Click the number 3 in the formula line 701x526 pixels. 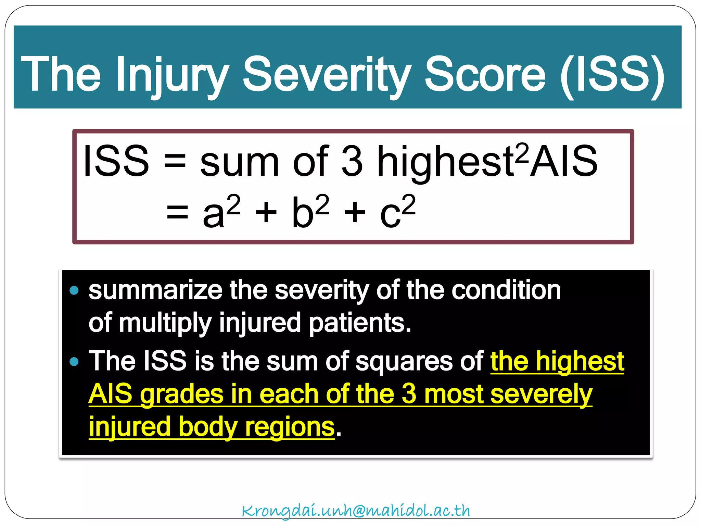tap(352, 161)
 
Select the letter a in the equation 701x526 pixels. tap(213, 214)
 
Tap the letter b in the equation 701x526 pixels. tap(303, 212)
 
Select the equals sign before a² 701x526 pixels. tap(177, 212)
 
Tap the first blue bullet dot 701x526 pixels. tap(74, 291)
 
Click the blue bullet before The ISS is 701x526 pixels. tap(74, 362)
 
